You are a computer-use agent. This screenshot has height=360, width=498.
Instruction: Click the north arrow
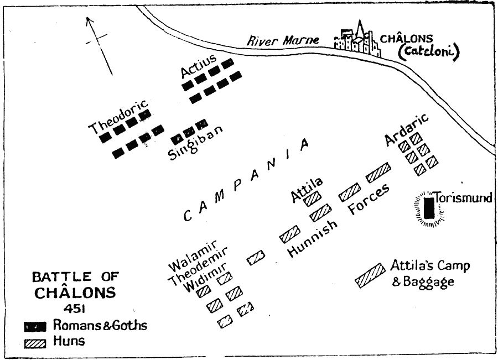point(100,44)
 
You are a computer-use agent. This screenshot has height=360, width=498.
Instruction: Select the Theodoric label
point(118,117)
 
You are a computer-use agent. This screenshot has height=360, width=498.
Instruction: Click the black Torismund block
point(428,208)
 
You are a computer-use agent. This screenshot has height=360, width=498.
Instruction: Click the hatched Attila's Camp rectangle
point(370,275)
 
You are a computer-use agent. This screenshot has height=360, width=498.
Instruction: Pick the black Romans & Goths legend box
point(35,326)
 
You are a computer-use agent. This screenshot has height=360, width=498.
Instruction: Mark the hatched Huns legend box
point(35,342)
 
